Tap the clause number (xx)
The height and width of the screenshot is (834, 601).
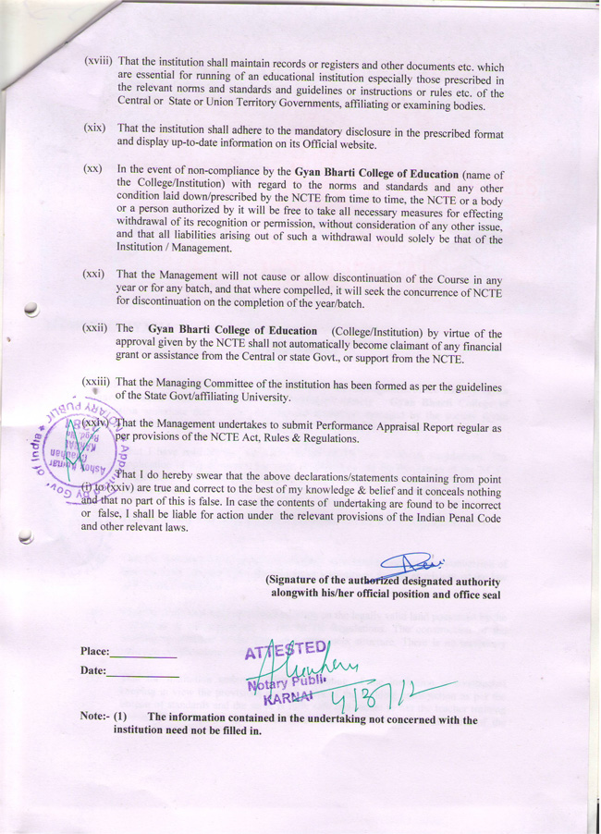(x=92, y=170)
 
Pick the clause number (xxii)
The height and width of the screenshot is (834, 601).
(x=97, y=328)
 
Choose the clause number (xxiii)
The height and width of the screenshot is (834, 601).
(x=97, y=382)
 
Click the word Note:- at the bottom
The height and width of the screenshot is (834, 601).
(x=94, y=718)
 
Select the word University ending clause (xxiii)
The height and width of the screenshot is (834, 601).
(x=264, y=399)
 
